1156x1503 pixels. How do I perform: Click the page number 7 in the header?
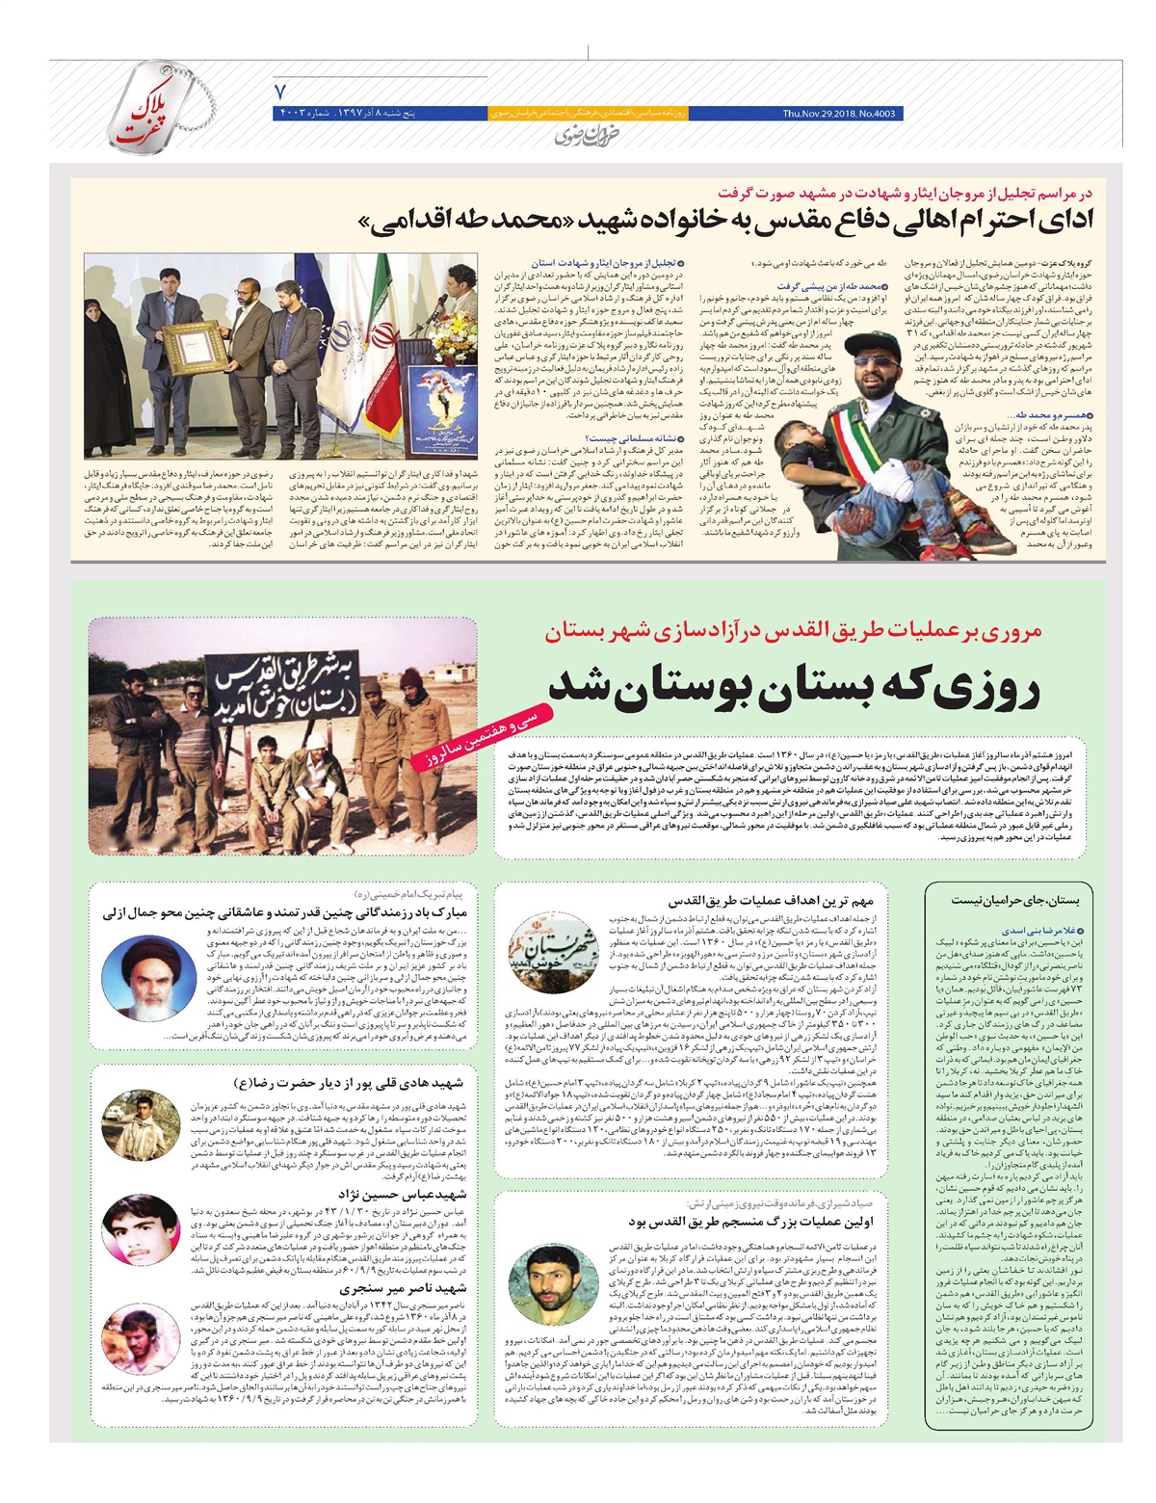281,92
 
